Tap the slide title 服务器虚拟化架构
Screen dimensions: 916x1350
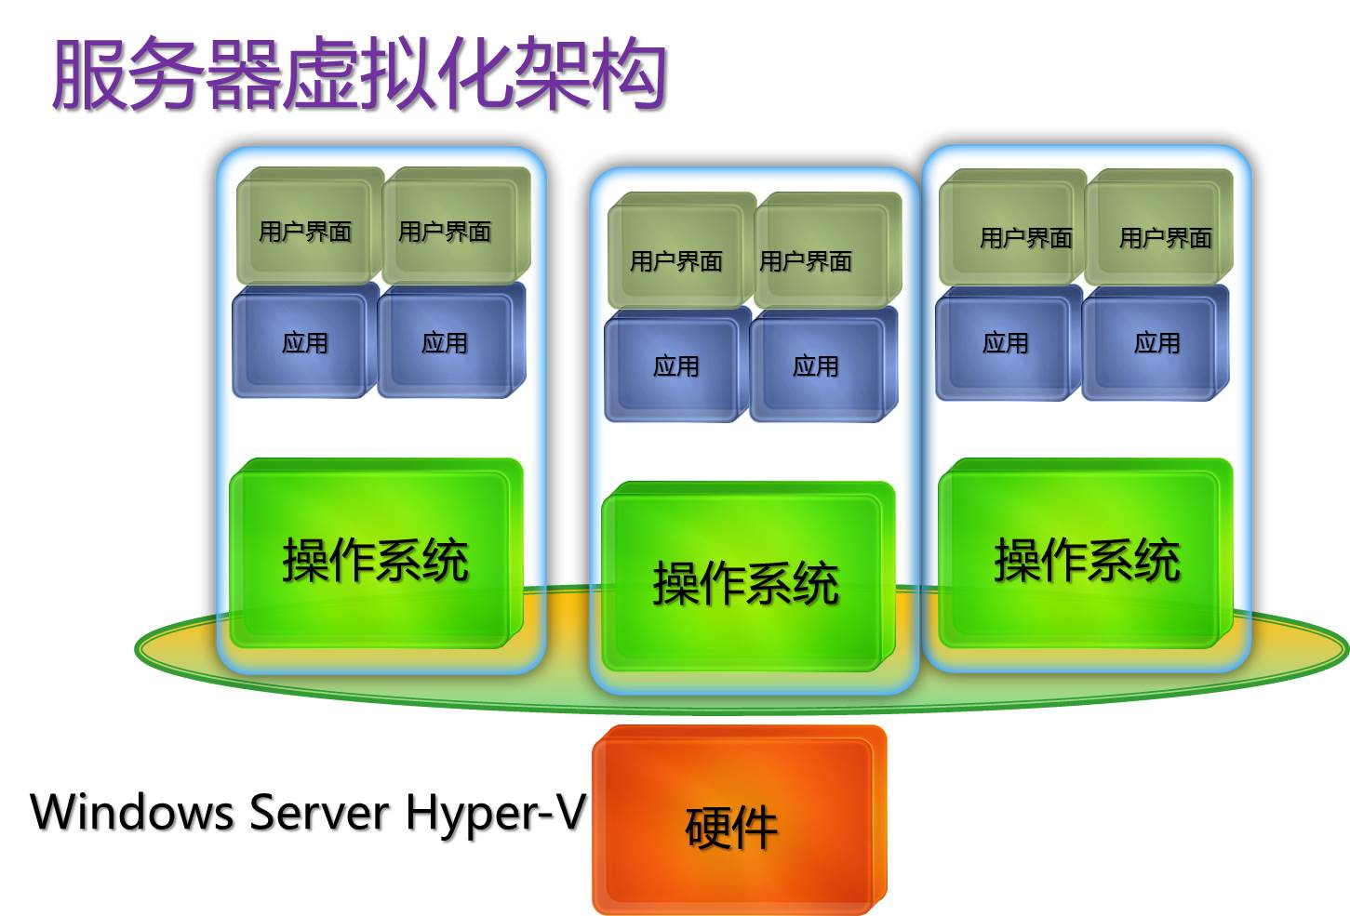point(359,74)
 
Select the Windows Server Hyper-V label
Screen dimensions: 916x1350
point(308,811)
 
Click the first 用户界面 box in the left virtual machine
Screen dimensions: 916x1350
point(307,227)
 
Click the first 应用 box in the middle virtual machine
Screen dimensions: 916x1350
point(675,366)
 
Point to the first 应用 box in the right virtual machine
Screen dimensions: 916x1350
point(1007,343)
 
